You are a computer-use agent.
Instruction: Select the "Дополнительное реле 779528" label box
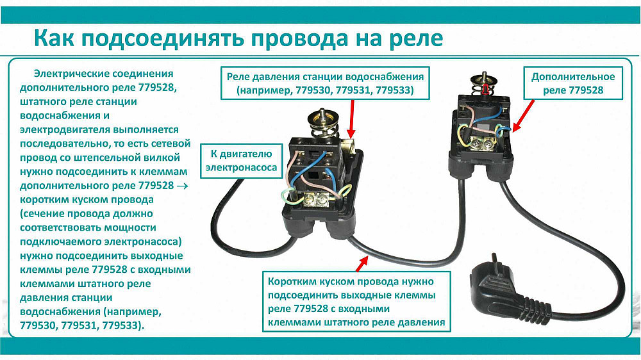[573, 83]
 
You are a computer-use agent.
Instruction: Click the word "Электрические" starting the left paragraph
[68, 74]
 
